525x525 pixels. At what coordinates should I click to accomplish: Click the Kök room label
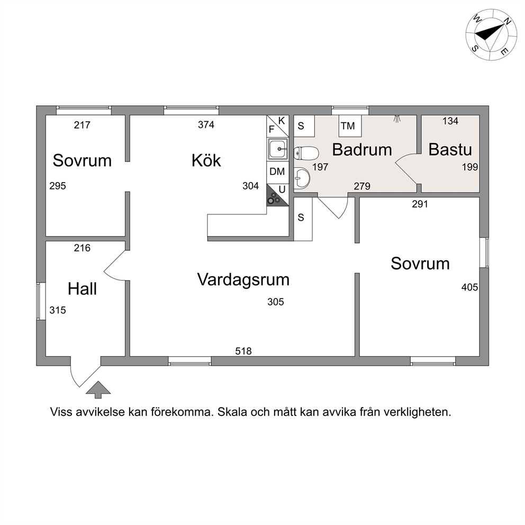point(206,160)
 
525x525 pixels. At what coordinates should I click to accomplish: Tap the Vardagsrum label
point(243,280)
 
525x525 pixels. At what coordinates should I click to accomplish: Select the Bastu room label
point(450,150)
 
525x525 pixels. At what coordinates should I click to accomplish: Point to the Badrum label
point(362,150)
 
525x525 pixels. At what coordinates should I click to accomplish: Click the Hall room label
point(82,288)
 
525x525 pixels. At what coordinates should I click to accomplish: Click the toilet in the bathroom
point(306,153)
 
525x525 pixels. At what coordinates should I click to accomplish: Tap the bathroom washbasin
point(302,178)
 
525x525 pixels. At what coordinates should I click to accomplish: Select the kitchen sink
point(277,149)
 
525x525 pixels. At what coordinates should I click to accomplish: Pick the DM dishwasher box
point(277,172)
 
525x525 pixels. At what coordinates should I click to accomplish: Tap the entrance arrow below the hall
point(98,390)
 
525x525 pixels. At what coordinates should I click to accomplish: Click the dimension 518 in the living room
point(243,351)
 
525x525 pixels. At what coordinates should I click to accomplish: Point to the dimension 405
point(469,287)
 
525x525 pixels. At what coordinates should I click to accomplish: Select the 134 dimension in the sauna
point(450,121)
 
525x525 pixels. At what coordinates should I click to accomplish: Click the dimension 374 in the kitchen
point(206,124)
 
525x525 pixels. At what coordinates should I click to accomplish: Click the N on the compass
point(507,21)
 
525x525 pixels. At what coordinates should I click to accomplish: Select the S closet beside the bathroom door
point(303,218)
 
